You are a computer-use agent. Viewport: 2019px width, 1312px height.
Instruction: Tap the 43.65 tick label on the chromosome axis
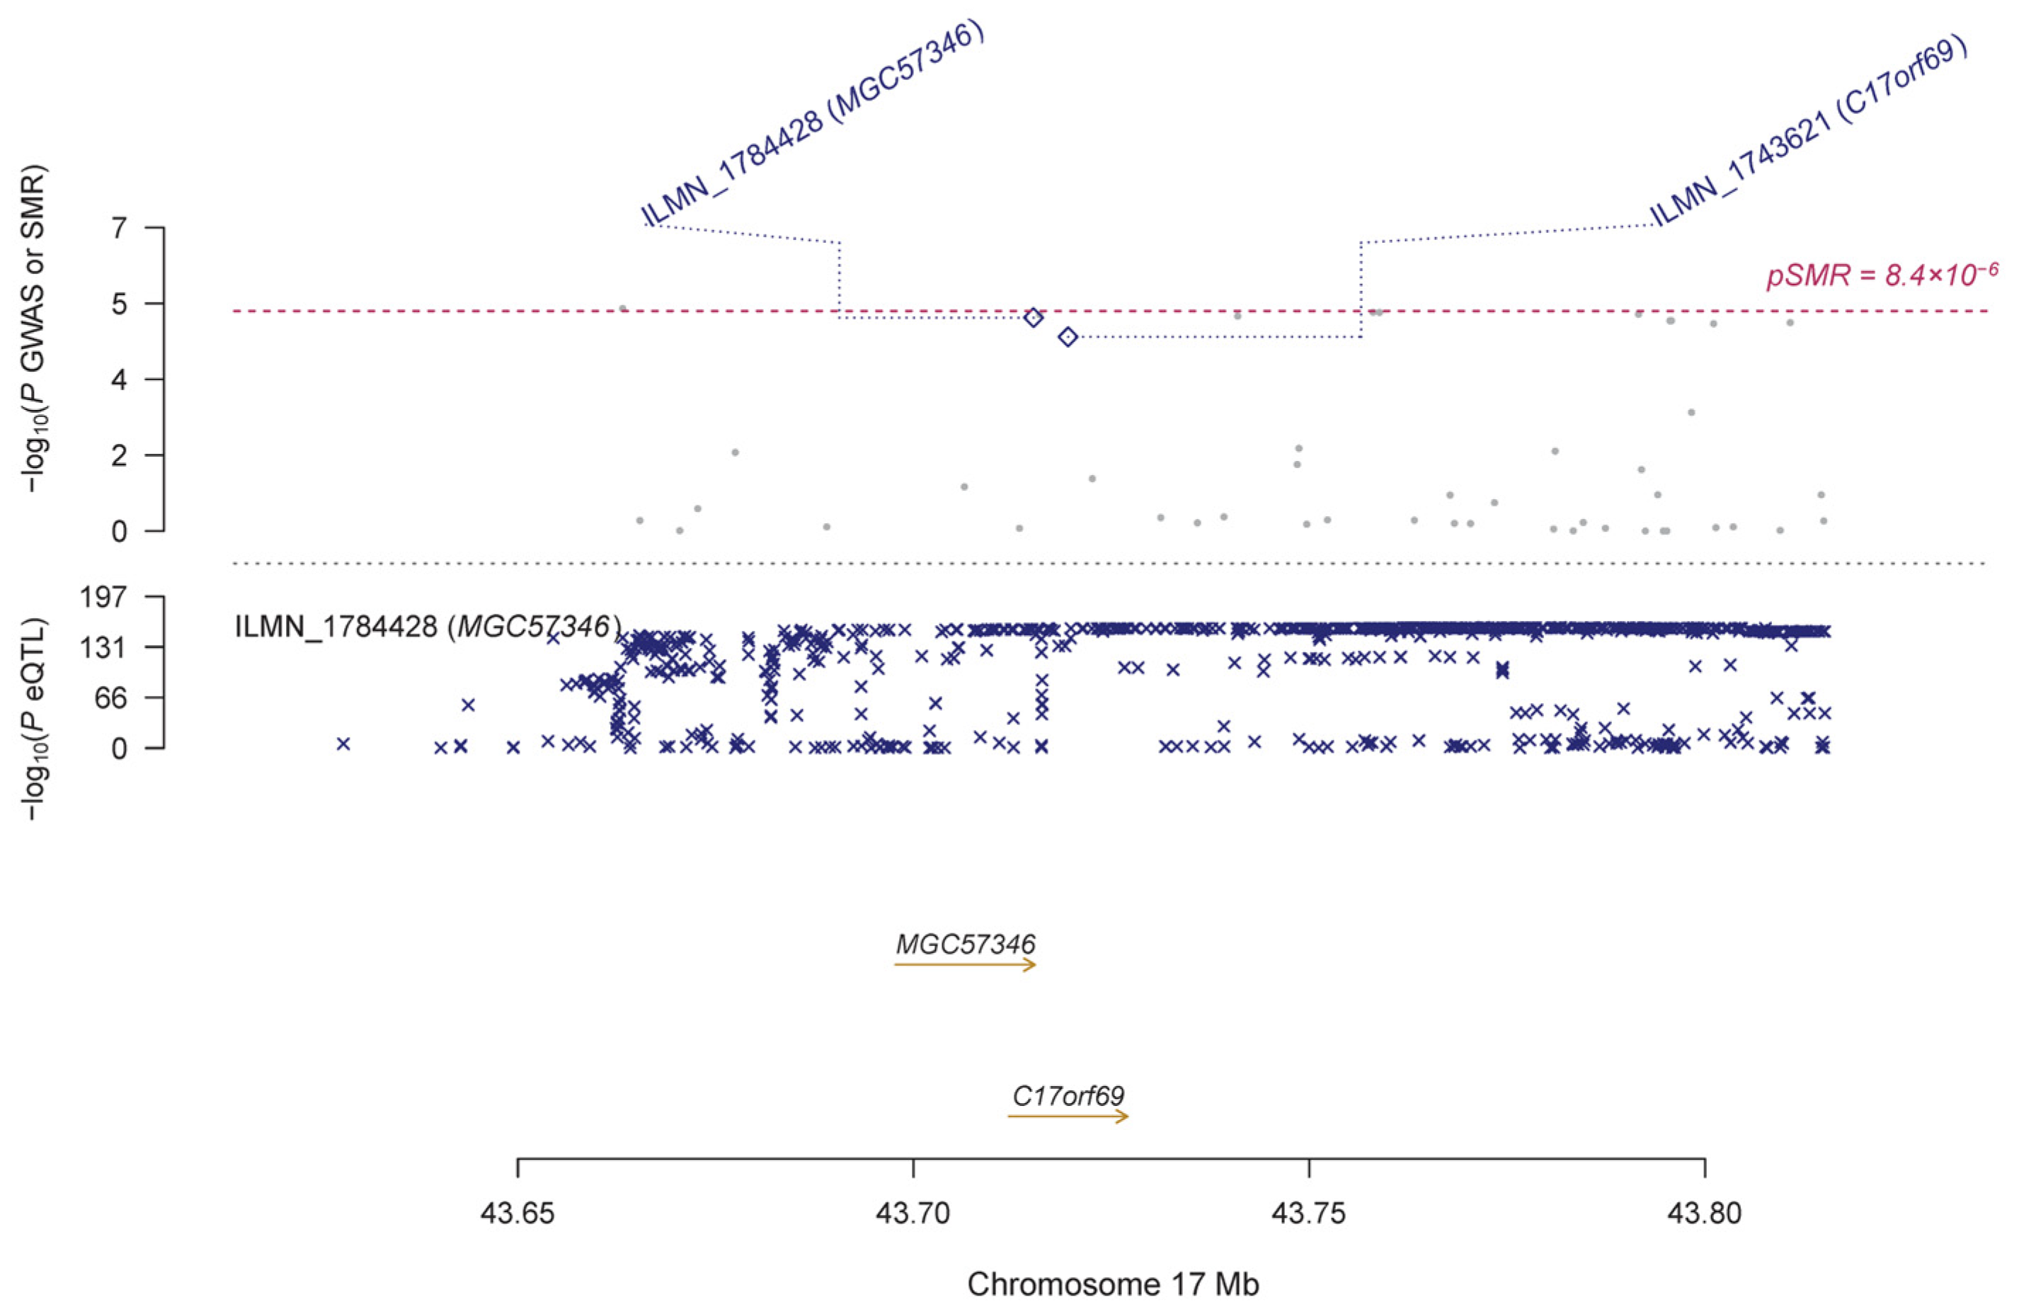tap(517, 1213)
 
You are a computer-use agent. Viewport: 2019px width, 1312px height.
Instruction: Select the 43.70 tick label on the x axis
tap(914, 1213)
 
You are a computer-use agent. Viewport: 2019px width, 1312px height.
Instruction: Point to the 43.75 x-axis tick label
tap(1309, 1213)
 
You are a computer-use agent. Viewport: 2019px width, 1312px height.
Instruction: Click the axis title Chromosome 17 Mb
tap(1113, 1284)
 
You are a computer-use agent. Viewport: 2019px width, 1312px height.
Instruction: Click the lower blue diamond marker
tap(1068, 338)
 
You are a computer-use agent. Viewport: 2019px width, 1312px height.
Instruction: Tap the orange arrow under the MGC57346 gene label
tap(966, 965)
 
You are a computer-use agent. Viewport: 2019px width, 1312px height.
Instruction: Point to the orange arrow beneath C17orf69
tap(1068, 1117)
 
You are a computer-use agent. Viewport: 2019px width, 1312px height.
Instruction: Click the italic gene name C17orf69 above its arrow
tap(1068, 1095)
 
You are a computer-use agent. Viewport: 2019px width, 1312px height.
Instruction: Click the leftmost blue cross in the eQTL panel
tap(343, 743)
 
